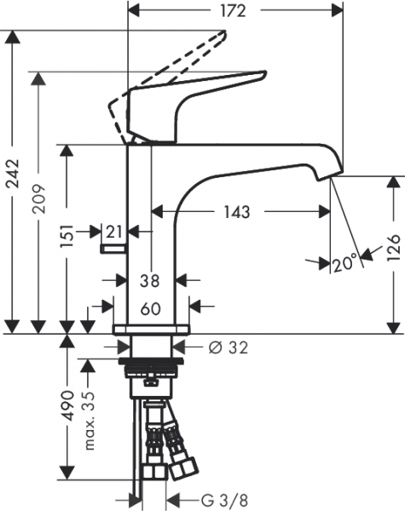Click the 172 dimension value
(233, 11)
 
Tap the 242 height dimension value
(14, 174)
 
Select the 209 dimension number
(39, 198)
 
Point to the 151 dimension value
(67, 236)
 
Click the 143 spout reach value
(237, 212)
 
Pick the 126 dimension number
(393, 247)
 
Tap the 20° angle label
(345, 263)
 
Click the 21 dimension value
(114, 233)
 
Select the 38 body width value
(150, 280)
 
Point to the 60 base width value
(151, 309)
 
